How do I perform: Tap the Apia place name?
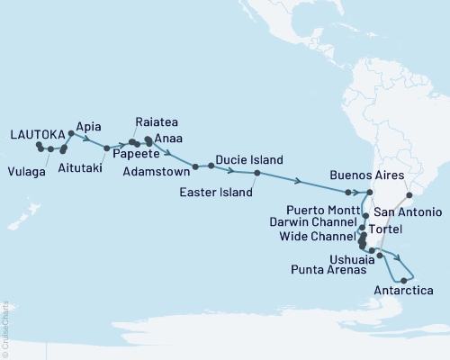point(89,126)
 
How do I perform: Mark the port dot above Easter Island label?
point(256,173)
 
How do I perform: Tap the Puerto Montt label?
point(313,203)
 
